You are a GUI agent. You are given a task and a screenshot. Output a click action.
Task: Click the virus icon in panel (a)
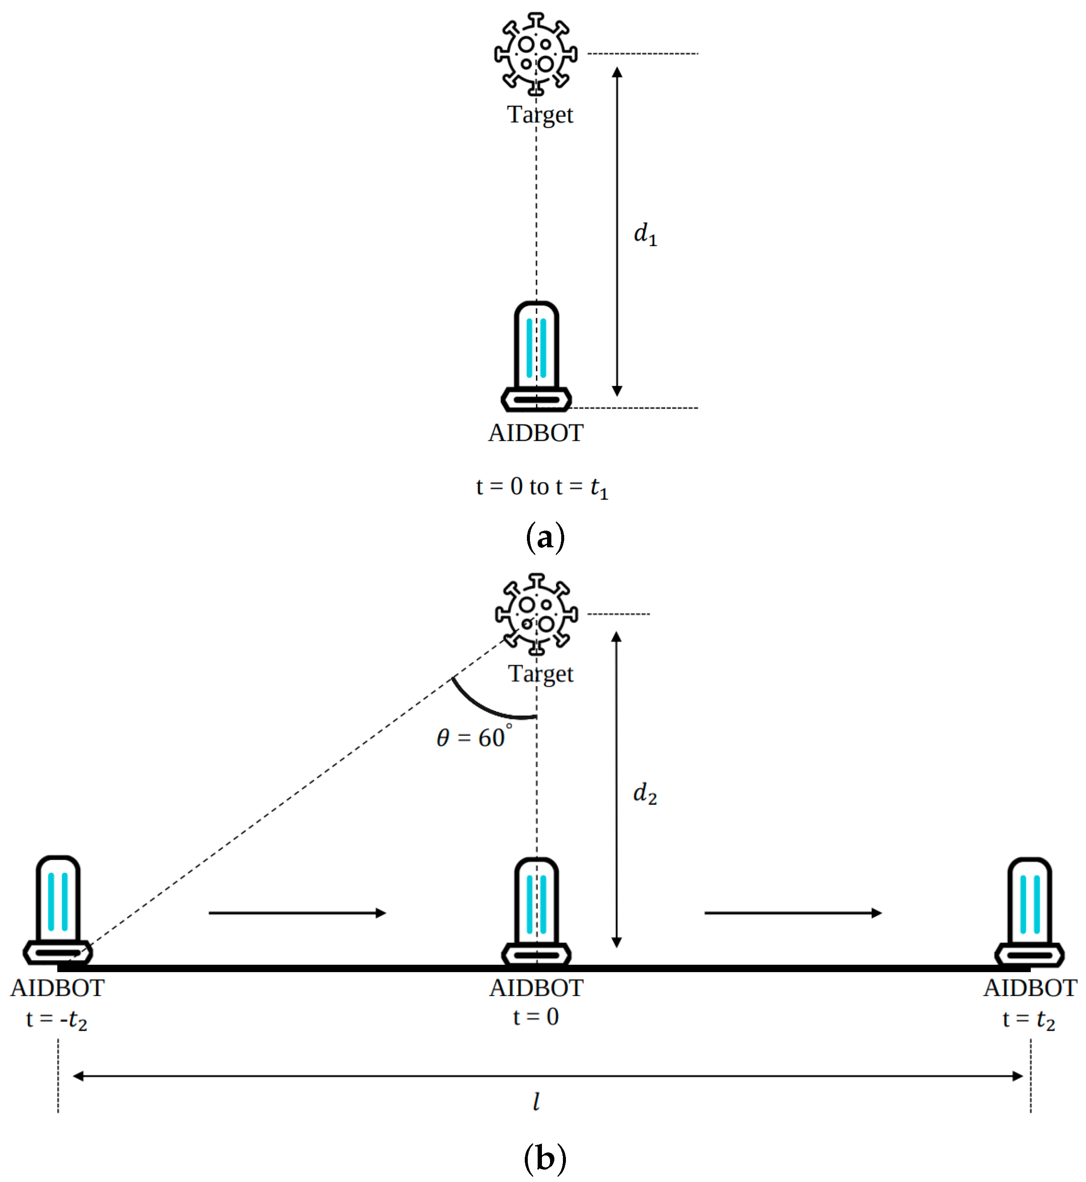point(536,54)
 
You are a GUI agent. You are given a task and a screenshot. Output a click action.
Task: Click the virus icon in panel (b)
point(536,614)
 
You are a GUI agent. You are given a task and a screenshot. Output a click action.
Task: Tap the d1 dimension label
point(645,234)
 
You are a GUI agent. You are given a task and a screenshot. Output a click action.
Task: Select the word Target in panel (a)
point(539,114)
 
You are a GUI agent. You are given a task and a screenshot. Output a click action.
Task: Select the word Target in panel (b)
point(540,674)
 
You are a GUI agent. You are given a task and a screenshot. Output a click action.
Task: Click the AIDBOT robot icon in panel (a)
point(536,357)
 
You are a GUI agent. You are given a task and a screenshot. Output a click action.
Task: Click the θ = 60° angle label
point(474,738)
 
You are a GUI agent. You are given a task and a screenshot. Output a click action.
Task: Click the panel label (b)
point(545,1157)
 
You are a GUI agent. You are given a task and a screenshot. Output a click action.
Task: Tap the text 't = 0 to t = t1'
point(541,487)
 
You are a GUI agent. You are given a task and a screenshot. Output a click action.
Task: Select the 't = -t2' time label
point(57,1020)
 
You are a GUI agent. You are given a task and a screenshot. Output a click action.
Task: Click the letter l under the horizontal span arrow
point(536,1101)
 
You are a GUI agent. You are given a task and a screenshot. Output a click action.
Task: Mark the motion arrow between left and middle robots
point(297,913)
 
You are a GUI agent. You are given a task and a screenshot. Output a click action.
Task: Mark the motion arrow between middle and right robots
point(792,913)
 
